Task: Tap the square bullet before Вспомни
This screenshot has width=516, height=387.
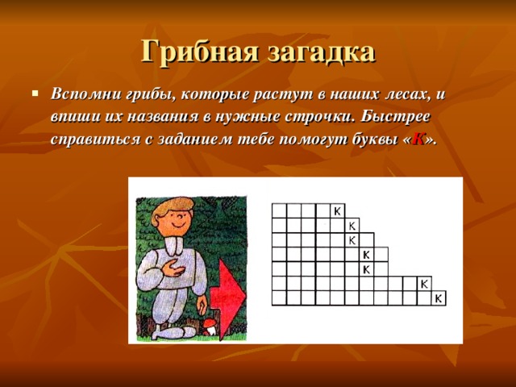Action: coord(35,93)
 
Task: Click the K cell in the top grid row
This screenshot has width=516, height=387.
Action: coord(339,210)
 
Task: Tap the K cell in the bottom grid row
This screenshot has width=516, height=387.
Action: coord(439,298)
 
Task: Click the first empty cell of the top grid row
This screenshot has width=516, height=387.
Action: coord(280,210)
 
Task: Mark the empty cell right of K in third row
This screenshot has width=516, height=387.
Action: coord(368,239)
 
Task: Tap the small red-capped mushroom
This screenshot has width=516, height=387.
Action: coord(208,324)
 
